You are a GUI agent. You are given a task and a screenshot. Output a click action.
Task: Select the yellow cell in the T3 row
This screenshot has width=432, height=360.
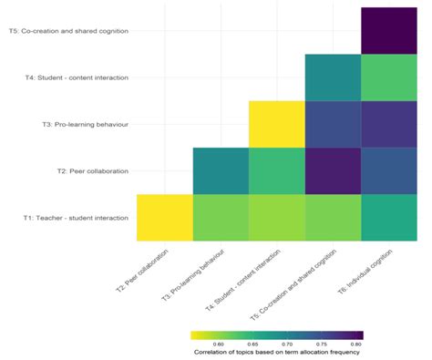pos(276,124)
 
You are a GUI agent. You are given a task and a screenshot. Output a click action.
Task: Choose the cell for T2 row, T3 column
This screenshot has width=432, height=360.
pos(221,170)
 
